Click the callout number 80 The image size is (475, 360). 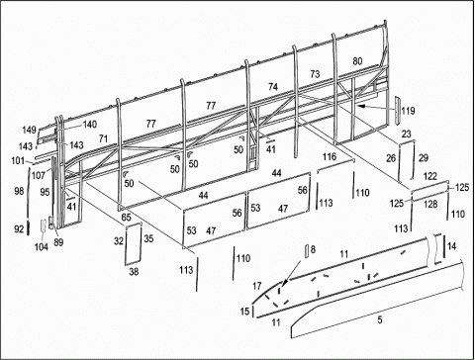(x=357, y=61)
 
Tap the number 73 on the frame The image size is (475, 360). (x=315, y=74)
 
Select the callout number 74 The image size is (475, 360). (x=273, y=87)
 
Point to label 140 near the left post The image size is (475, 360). (x=90, y=125)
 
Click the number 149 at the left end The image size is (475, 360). (x=29, y=130)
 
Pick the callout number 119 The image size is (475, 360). (x=408, y=111)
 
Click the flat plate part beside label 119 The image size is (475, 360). (x=397, y=111)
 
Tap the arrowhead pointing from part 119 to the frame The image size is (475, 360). (x=360, y=106)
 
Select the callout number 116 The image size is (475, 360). (x=330, y=156)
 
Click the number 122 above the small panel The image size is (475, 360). (x=430, y=176)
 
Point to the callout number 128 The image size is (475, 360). (x=430, y=204)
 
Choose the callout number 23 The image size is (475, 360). (x=407, y=134)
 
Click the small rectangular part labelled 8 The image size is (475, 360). (x=307, y=251)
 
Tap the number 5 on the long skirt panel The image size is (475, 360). (x=380, y=319)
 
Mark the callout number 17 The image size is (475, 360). (x=257, y=286)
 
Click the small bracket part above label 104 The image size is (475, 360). (x=44, y=225)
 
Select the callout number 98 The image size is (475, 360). (x=19, y=191)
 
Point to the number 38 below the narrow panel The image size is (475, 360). (x=134, y=272)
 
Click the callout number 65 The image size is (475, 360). (x=126, y=218)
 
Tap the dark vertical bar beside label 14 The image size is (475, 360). (x=444, y=246)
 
